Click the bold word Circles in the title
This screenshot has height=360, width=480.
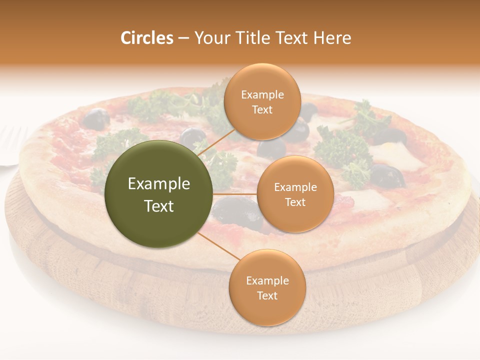[146, 38]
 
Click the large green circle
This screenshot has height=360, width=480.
[159, 194]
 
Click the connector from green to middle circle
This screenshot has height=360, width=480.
[235, 194]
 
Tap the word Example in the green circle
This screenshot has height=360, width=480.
[159, 184]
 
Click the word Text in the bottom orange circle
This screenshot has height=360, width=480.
[267, 295]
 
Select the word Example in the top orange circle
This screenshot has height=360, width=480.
[262, 95]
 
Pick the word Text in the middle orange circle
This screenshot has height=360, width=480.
[295, 202]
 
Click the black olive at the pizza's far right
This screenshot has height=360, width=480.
[387, 175]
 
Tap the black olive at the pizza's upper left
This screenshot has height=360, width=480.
[96, 119]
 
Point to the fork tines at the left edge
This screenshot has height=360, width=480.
[12, 145]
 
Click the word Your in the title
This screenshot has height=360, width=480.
[211, 38]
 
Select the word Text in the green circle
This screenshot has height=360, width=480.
[159, 206]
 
